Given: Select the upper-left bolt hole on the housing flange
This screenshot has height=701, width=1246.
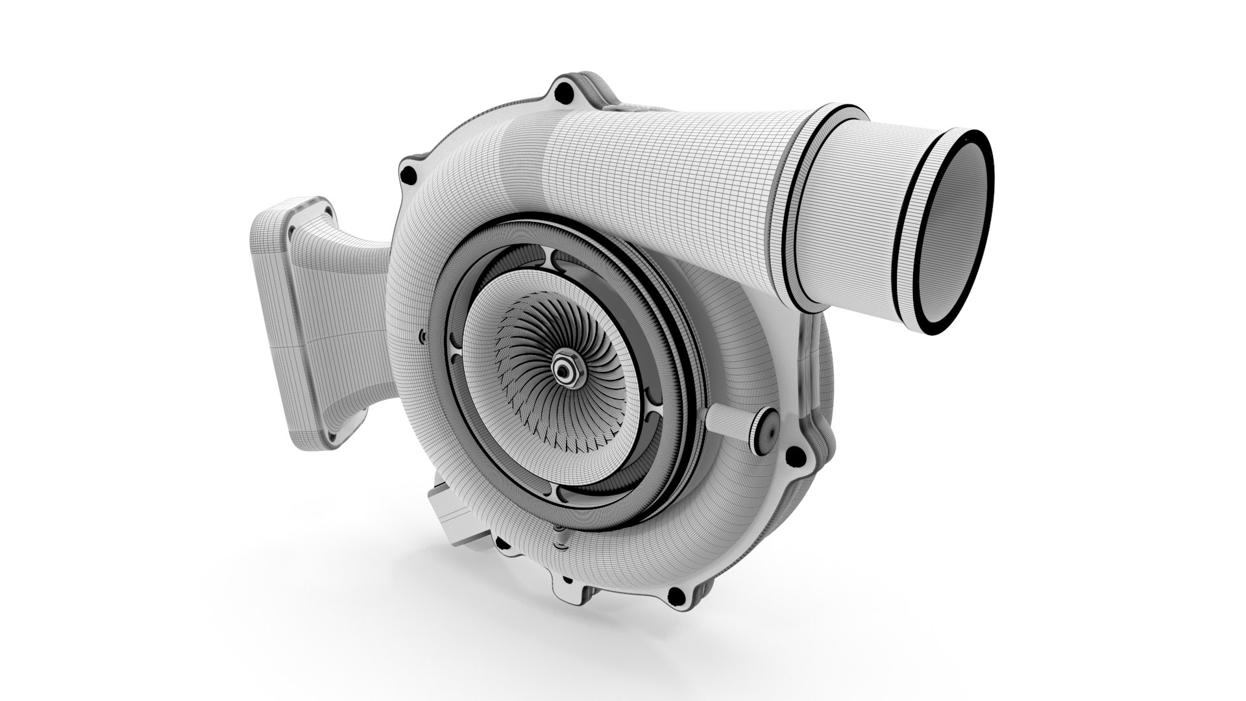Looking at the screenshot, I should (x=408, y=174).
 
